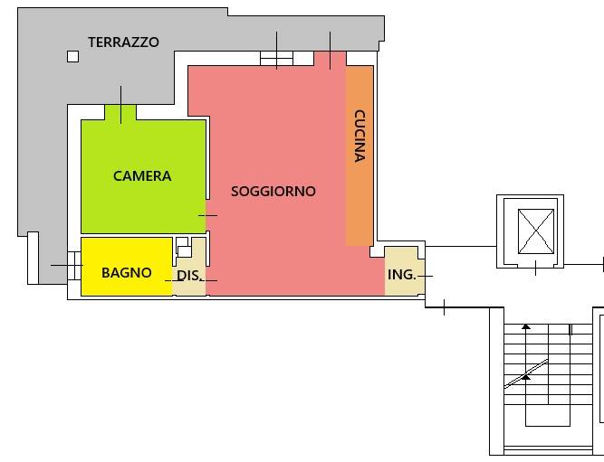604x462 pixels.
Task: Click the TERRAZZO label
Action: (123, 42)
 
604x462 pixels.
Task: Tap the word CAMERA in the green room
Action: (142, 175)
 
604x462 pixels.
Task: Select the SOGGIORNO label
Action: (273, 191)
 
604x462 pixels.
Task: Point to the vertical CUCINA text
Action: (360, 136)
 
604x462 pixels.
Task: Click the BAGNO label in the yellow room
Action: (127, 273)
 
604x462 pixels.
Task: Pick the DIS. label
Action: (188, 276)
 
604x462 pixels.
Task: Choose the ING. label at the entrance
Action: (402, 275)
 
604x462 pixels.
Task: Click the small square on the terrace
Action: (72, 57)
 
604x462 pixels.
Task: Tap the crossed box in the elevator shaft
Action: (536, 231)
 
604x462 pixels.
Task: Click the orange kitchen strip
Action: (360, 156)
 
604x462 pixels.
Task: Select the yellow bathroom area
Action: (127, 267)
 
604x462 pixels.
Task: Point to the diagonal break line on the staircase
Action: (526, 374)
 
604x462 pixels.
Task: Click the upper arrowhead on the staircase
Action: (526, 326)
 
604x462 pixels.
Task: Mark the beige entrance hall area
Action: (405, 271)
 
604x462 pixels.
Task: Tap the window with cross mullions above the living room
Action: (276, 59)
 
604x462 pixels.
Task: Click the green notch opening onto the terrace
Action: (120, 112)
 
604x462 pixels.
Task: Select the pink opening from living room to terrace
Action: (330, 59)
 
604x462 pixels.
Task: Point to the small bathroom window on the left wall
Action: (74, 266)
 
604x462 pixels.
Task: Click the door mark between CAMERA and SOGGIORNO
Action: (207, 215)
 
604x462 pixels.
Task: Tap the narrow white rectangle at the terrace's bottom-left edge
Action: (33, 258)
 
